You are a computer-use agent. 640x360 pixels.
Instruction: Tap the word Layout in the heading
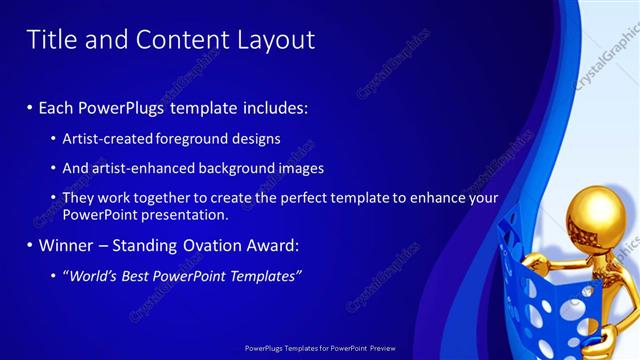(276, 40)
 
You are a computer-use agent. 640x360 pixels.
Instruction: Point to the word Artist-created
(106, 138)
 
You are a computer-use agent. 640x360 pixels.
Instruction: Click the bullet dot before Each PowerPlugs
(29, 107)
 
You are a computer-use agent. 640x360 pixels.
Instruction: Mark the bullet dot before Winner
(29, 245)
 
